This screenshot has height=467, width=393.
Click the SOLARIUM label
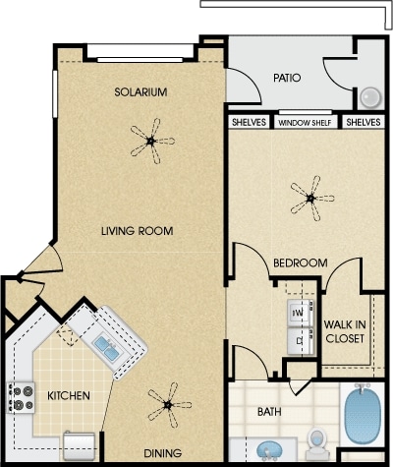[x=140, y=92]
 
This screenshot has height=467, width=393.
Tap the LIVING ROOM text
[x=138, y=231]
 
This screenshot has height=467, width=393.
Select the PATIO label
[x=287, y=78]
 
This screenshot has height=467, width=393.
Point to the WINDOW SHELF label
[x=305, y=123]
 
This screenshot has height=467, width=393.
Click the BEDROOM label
[x=301, y=263]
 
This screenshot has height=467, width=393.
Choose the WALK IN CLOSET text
[x=345, y=331]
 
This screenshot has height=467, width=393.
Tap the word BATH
[x=269, y=412]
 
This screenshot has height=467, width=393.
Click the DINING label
[x=163, y=453]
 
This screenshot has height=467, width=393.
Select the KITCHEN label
[x=69, y=395]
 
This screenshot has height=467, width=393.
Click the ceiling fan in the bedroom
[x=310, y=199]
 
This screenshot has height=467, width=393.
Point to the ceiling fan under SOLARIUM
[x=151, y=142]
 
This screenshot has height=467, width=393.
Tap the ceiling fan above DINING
[x=168, y=405]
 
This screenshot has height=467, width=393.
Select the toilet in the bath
[x=316, y=442]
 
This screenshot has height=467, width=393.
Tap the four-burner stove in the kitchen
[x=22, y=398]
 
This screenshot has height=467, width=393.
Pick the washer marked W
[x=301, y=314]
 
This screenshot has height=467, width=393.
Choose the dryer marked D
[x=301, y=341]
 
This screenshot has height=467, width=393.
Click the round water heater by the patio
[x=370, y=97]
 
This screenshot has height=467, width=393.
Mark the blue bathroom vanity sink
[x=270, y=450]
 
